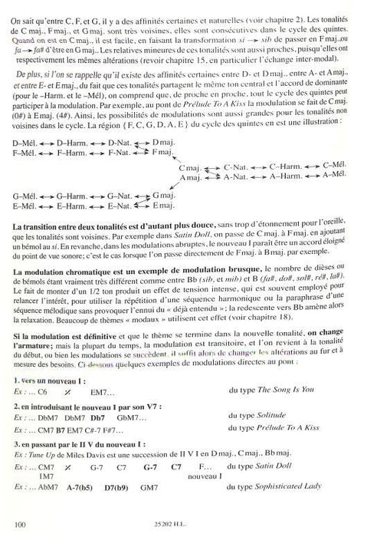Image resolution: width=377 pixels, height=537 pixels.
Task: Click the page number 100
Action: [21, 524]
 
